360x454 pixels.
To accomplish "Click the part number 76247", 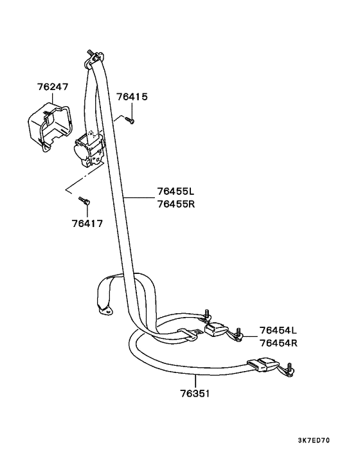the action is pyautogui.click(x=53, y=87).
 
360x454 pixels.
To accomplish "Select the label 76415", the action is pyautogui.click(x=132, y=96).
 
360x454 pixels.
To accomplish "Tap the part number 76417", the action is pyautogui.click(x=87, y=224).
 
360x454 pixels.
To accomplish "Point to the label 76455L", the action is pyautogui.click(x=176, y=192).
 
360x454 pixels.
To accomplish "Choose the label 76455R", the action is pyautogui.click(x=176, y=204).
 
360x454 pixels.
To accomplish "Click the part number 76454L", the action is pyautogui.click(x=278, y=330).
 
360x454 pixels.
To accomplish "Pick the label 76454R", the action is pyautogui.click(x=278, y=343).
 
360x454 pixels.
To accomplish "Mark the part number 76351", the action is pyautogui.click(x=195, y=394).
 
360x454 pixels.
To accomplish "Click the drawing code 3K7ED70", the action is pyautogui.click(x=314, y=440).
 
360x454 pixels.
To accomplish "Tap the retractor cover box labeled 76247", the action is pyautogui.click(x=50, y=127).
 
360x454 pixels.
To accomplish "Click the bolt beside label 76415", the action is pyautogui.click(x=129, y=120).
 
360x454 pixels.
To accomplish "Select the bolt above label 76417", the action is pyautogui.click(x=84, y=201).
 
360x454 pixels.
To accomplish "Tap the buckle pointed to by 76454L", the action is pyautogui.click(x=217, y=329).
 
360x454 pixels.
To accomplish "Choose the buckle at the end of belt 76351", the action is pyautogui.click(x=264, y=364).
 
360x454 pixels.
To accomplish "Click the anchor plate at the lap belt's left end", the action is pyautogui.click(x=105, y=311).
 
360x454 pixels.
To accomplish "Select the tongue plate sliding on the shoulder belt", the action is pyautogui.click(x=189, y=334).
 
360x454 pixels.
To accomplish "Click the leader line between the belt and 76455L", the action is pyautogui.click(x=139, y=198).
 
